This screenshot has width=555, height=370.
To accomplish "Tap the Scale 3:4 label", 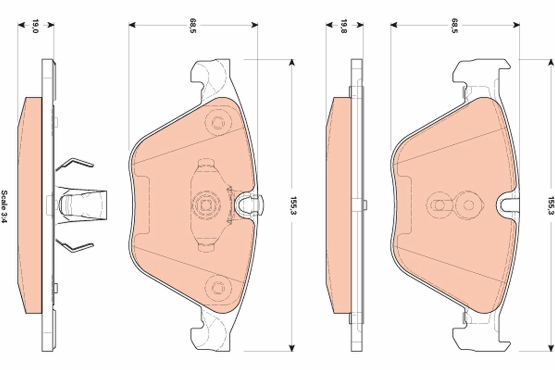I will click(4, 205).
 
